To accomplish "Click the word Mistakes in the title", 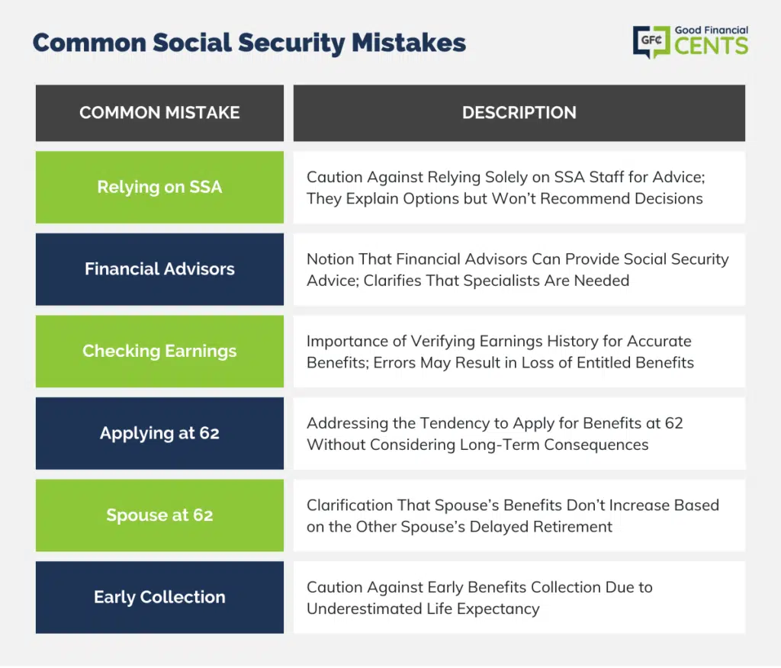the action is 409,43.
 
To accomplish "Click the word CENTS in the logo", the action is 712,47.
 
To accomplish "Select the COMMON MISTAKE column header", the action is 159,113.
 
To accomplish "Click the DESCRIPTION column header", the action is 519,113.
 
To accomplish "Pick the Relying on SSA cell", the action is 159,188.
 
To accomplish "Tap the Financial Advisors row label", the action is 159,269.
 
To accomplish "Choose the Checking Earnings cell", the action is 159,352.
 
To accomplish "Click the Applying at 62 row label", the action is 159,433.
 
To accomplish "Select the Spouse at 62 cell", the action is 159,515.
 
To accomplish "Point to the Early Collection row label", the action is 159,597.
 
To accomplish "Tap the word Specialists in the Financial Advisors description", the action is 502,281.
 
